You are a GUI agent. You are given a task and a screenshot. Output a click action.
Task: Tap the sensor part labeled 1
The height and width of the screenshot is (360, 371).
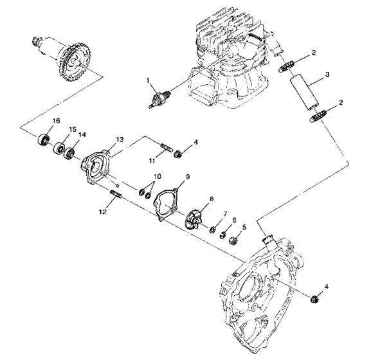coord(157,100)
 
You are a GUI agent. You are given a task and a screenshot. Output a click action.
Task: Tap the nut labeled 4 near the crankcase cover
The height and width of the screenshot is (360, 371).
coord(316,299)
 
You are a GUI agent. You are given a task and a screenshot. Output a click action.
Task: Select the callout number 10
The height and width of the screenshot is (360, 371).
coord(157,176)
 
